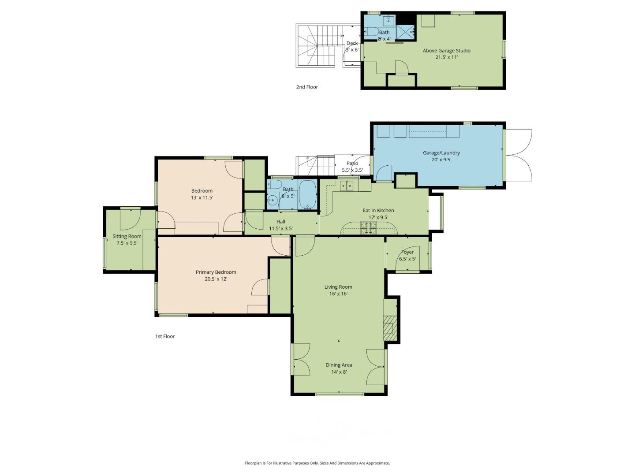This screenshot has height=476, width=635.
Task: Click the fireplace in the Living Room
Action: point(389,328)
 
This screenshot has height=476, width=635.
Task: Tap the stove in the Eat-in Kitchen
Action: point(369,228)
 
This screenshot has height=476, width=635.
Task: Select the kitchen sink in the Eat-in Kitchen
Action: point(346,186)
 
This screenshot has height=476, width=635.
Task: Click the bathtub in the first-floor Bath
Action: point(308,194)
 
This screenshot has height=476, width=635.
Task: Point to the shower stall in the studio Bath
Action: point(405,32)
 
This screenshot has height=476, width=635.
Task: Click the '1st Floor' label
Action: point(165,336)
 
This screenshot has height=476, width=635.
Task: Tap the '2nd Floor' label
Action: point(307,87)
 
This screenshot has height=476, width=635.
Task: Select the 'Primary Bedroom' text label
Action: point(216,272)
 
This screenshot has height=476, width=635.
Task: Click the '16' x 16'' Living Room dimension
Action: point(338,294)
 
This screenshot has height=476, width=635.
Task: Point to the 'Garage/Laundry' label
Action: point(441,152)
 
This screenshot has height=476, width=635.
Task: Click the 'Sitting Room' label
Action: point(127,236)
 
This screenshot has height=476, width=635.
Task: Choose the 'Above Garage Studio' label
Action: point(446,50)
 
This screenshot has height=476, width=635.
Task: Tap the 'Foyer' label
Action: point(407,252)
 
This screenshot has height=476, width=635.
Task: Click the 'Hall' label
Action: point(281,222)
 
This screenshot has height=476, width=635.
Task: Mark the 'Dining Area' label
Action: point(339,365)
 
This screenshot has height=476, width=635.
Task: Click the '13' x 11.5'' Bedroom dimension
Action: point(202,198)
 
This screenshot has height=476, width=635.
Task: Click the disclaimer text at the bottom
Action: point(317,463)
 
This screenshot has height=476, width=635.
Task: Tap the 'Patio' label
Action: point(352,163)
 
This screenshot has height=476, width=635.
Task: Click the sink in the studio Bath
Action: point(388,20)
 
